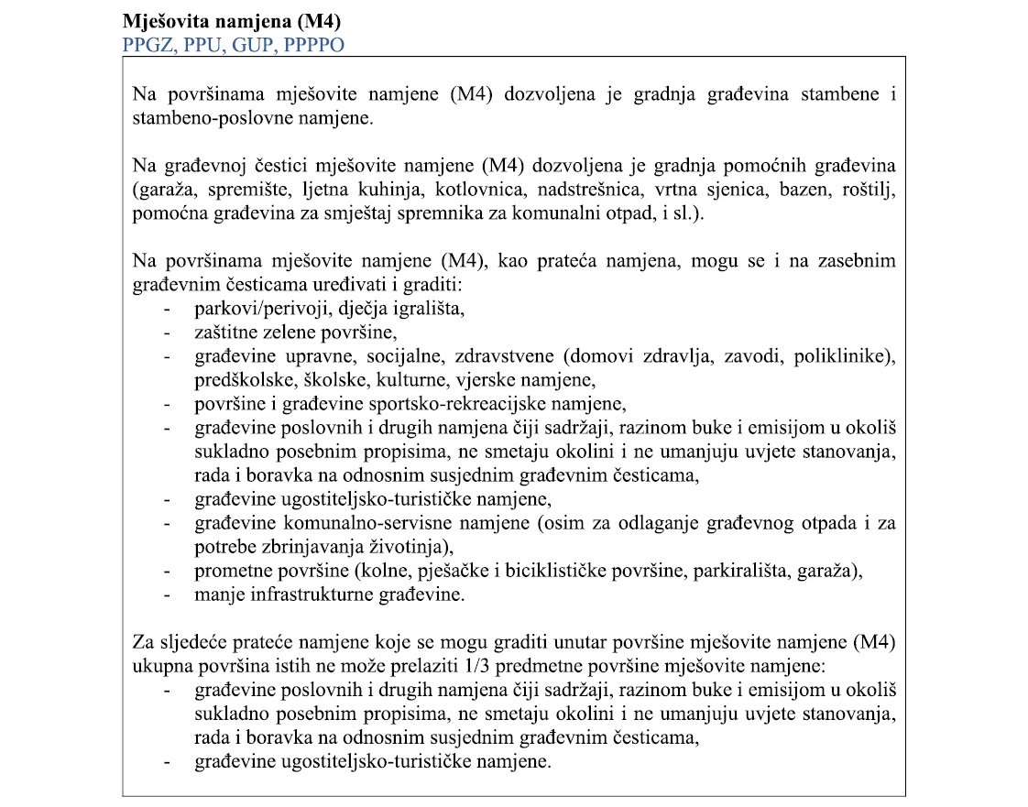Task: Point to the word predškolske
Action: click(235, 379)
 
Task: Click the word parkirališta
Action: click(749, 572)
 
